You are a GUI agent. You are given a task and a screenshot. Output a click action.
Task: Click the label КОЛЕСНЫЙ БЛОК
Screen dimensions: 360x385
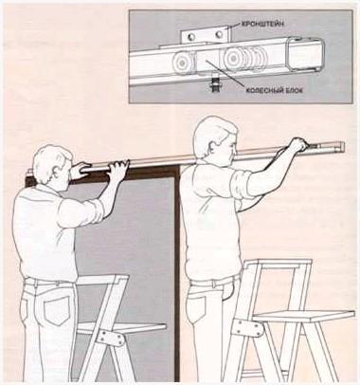[275, 90]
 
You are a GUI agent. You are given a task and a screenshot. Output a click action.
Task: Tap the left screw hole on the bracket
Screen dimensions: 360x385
[190, 37]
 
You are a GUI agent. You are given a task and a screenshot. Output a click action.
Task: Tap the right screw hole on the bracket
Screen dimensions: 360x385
[219, 34]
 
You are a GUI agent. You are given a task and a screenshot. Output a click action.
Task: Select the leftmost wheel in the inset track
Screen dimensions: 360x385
[181, 63]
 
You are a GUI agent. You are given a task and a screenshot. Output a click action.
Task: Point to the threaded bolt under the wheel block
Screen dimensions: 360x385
[215, 85]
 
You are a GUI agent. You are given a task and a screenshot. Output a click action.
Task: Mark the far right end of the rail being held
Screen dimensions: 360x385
[343, 146]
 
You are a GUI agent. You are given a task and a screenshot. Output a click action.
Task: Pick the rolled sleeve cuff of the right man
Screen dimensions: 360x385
[239, 187]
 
